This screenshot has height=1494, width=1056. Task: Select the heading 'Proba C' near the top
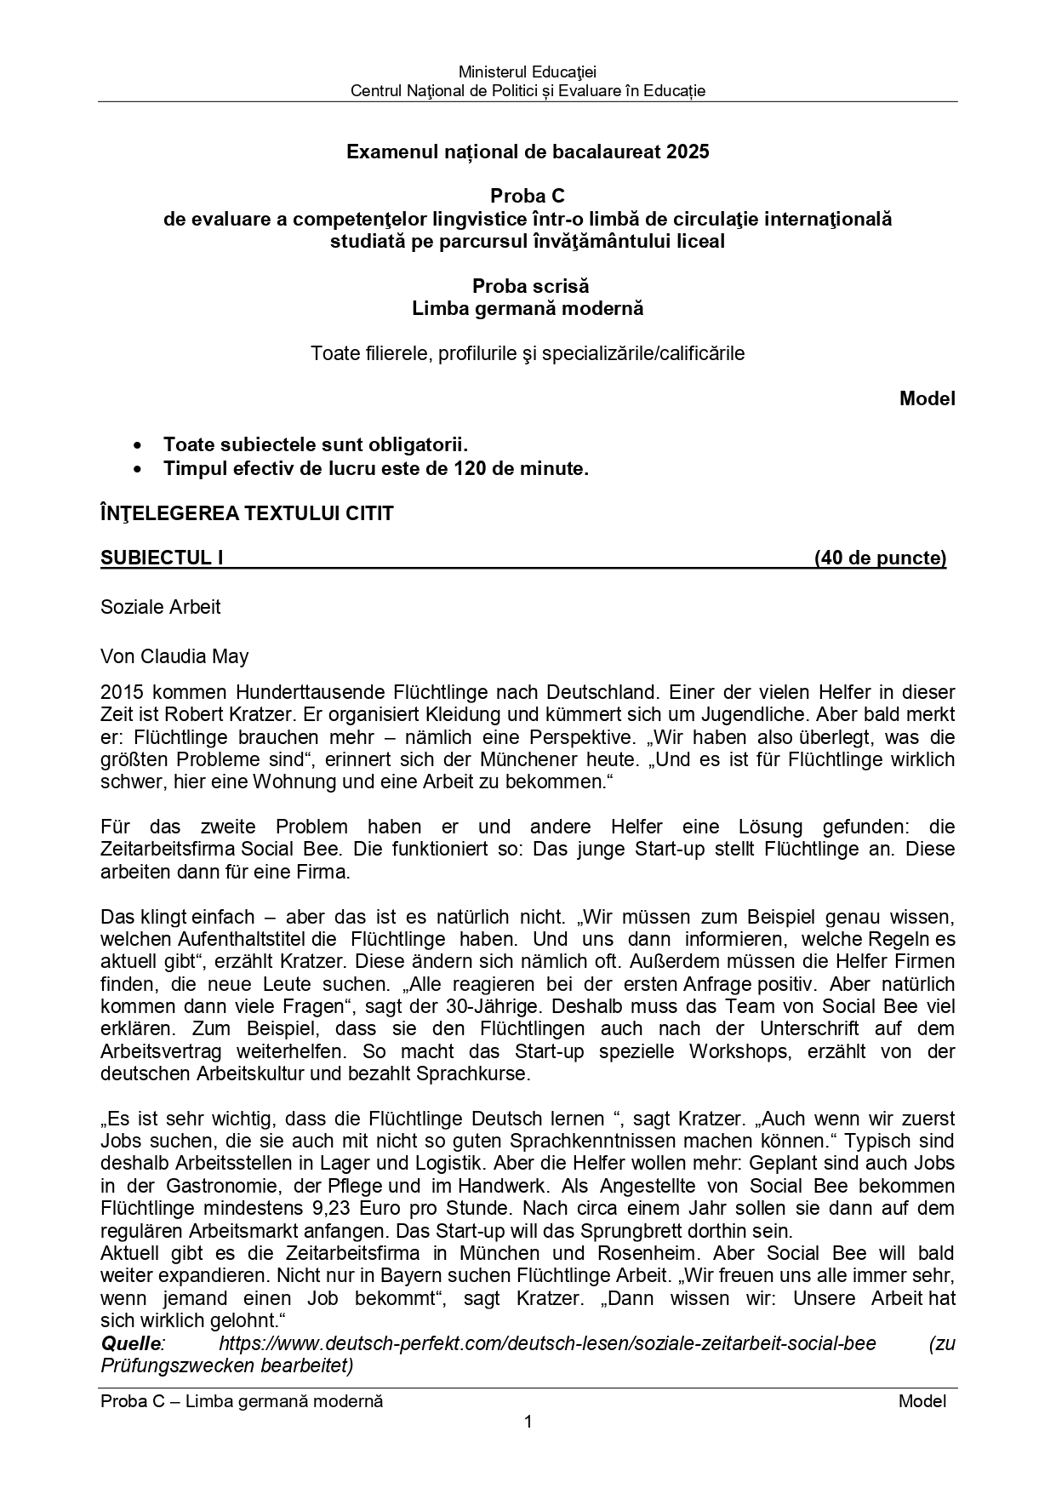click(x=528, y=197)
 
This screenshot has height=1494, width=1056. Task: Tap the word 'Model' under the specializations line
click(x=927, y=398)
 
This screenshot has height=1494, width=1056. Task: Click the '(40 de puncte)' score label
click(x=880, y=558)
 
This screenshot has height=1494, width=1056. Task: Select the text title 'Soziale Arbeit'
click(x=160, y=607)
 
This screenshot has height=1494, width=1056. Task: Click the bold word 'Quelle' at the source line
click(x=130, y=1343)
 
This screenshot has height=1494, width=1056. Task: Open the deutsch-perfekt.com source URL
click(x=547, y=1343)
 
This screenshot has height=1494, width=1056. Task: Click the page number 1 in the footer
click(x=528, y=1422)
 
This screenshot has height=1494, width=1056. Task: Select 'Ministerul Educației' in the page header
click(x=528, y=72)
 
